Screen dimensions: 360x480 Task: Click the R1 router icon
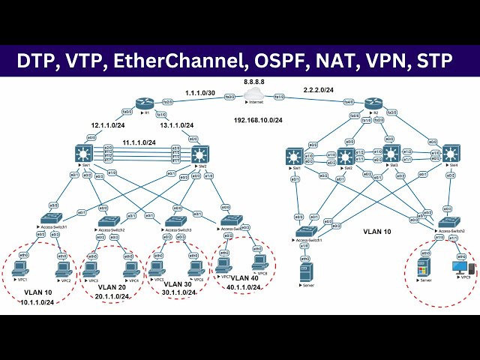(145, 103)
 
